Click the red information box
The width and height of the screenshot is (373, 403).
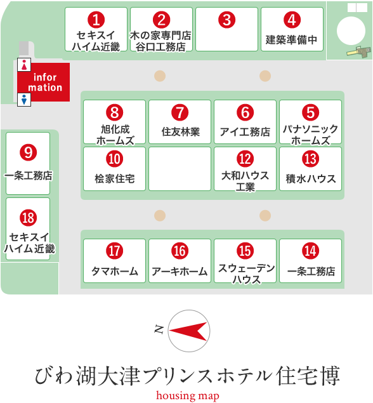point(44,83)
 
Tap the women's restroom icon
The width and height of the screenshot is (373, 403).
point(24,65)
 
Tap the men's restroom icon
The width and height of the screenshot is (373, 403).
point(24,100)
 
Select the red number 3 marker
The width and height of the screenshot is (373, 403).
point(227,20)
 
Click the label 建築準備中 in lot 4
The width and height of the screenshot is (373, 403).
point(291,40)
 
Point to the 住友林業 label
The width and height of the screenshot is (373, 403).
point(181,131)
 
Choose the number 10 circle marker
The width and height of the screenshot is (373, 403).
point(115,159)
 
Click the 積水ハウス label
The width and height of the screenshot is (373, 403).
point(311,178)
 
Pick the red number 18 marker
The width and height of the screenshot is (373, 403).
point(29,218)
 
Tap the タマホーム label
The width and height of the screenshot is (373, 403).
point(115,271)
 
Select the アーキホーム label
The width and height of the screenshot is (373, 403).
point(180,272)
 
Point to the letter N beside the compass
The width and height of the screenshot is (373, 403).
point(159,329)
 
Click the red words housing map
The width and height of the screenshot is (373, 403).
point(188,396)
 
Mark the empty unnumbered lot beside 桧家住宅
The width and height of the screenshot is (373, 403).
point(180,169)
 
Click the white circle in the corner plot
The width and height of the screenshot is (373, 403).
point(351,30)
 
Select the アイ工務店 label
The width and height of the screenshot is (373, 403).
point(245,131)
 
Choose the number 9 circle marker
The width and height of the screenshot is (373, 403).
point(29,152)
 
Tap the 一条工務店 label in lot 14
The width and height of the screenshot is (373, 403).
point(311,271)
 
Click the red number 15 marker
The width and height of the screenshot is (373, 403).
point(245,251)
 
